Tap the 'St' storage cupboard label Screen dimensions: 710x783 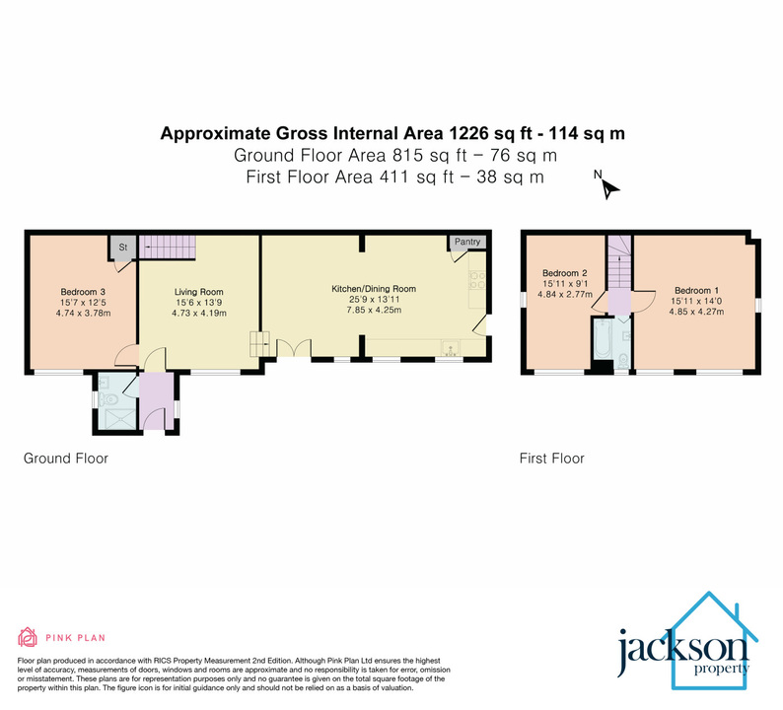[x=125, y=247]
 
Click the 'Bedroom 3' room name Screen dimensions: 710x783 [x=83, y=292]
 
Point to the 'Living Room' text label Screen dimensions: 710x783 [x=199, y=292]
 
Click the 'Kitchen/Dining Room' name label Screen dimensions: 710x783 [x=373, y=289]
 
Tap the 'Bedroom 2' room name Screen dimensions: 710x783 [x=564, y=273]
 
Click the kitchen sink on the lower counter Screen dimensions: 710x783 [x=450, y=347]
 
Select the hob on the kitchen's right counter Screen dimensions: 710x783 [x=472, y=281]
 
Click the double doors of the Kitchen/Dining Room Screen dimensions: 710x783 [x=294, y=348]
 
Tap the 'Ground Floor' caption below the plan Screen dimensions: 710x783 [x=66, y=459]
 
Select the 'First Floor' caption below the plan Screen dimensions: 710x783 [x=552, y=459]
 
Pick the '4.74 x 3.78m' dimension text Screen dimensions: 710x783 [x=84, y=314]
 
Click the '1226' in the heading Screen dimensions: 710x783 [x=472, y=133]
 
